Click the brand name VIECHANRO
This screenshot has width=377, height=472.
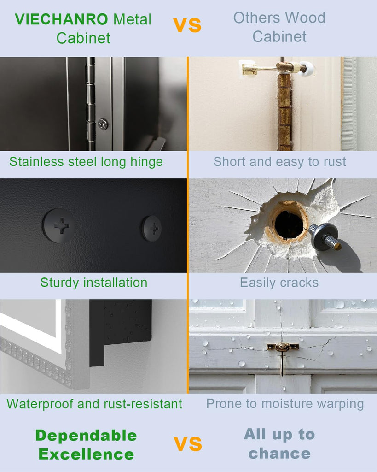pyautogui.click(x=61, y=19)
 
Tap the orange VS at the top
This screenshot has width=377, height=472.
pyautogui.click(x=187, y=25)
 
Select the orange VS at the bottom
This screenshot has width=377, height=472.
pyautogui.click(x=188, y=444)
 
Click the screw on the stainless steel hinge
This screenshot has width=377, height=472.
pyautogui.click(x=103, y=124)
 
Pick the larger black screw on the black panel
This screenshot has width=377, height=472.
pyautogui.click(x=59, y=226)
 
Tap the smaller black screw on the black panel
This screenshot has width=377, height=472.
pyautogui.click(x=152, y=229)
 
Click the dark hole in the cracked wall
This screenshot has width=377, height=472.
pyautogui.click(x=289, y=224)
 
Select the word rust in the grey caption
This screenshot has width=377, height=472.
pyautogui.click(x=335, y=162)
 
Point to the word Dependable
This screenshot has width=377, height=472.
pyautogui.click(x=86, y=436)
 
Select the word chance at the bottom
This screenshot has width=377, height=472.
pyautogui.click(x=279, y=454)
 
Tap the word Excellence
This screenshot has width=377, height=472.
pyautogui.click(x=86, y=454)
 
